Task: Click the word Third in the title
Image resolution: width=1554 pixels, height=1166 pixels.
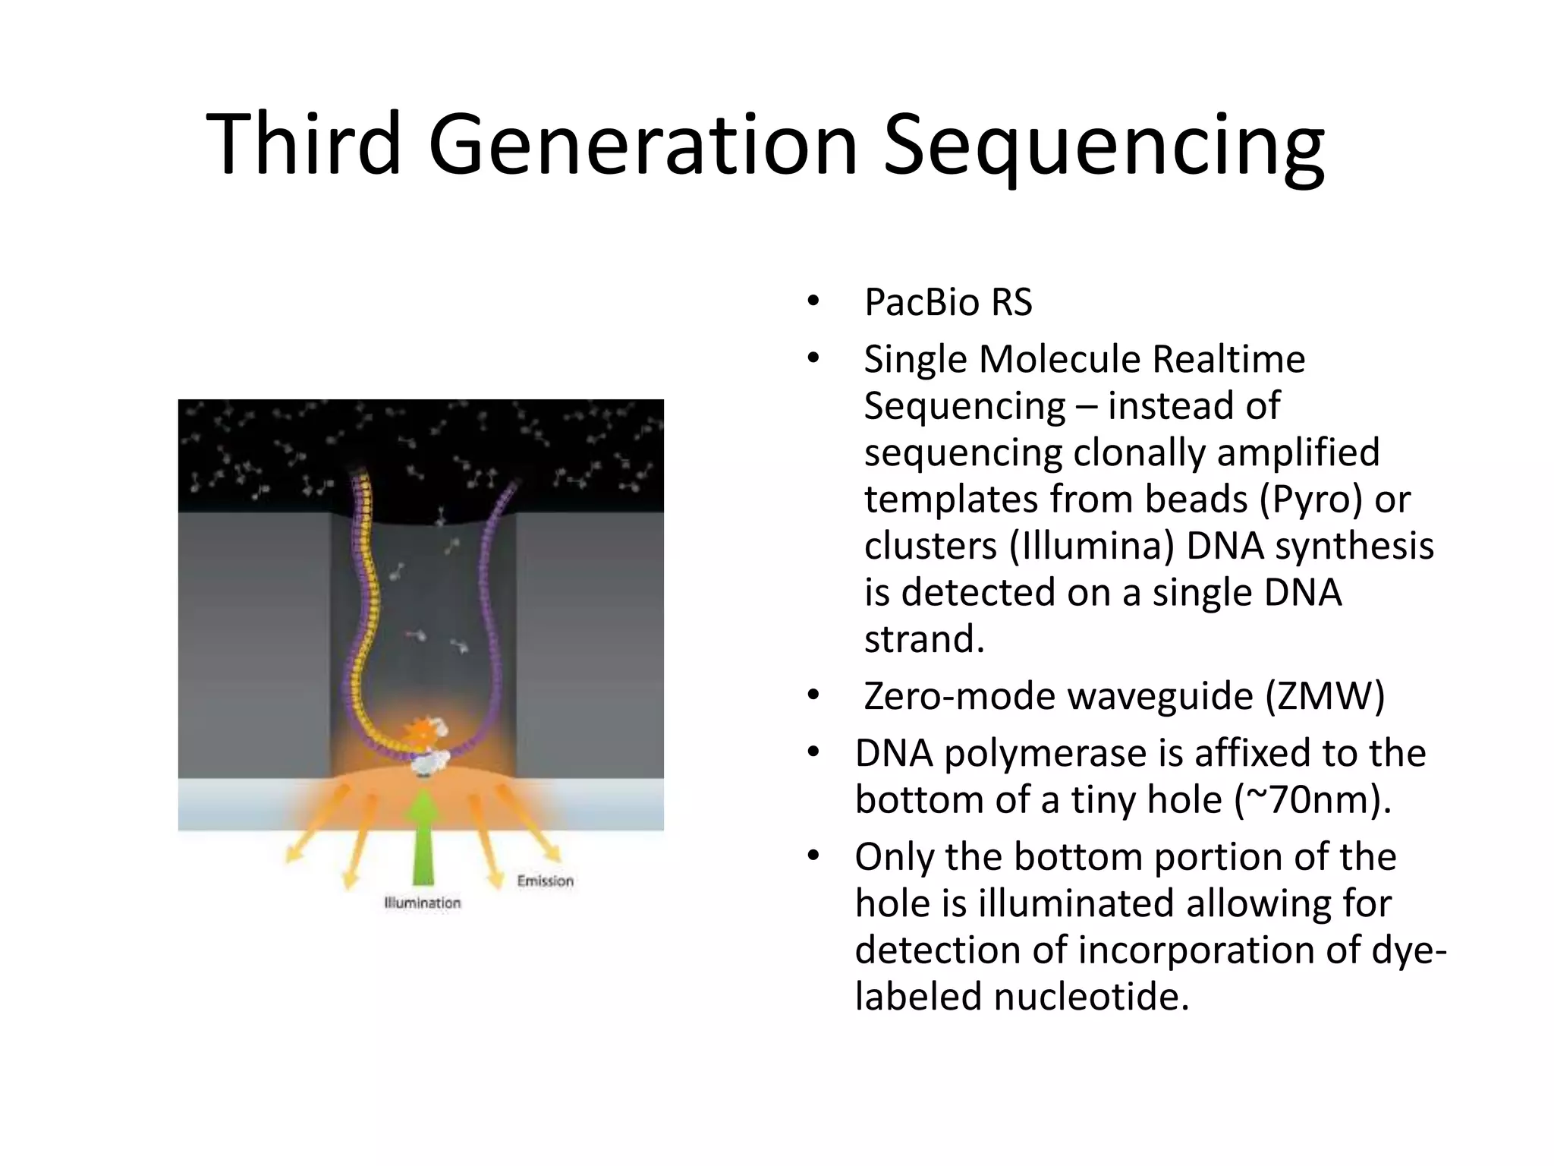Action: [303, 143]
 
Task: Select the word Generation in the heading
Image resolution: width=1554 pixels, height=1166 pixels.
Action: [642, 143]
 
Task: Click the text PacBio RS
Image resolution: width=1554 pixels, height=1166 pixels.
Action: [948, 302]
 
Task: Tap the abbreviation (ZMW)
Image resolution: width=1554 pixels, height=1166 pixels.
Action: [1325, 696]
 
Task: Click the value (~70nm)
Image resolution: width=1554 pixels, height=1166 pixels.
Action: [1312, 799]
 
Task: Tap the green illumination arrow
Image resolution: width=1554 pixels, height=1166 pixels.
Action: [423, 835]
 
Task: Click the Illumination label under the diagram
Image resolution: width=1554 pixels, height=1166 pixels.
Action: [423, 903]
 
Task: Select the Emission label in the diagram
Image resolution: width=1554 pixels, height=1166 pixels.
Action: [545, 881]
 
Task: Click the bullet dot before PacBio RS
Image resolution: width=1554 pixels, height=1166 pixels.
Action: [813, 302]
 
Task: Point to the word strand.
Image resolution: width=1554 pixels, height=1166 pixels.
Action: [923, 639]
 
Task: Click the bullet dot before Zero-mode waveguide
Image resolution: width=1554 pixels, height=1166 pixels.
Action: [813, 696]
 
